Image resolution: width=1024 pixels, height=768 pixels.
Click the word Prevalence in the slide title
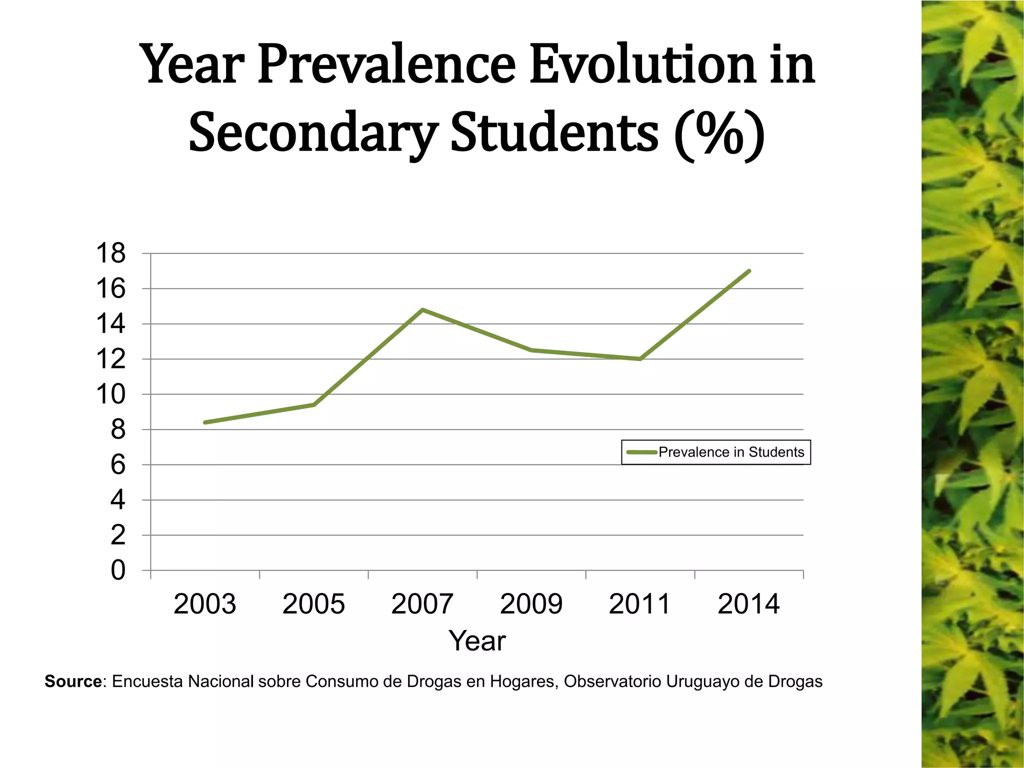click(386, 65)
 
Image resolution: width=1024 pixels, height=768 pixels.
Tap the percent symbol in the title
click(718, 133)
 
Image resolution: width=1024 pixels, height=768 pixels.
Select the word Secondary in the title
click(313, 133)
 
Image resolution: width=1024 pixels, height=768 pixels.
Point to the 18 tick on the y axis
click(110, 253)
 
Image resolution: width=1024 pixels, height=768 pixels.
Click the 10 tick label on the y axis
click(110, 394)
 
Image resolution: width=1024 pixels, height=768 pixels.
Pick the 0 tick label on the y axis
click(117, 570)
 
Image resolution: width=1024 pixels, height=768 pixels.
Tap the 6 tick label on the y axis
click(117, 465)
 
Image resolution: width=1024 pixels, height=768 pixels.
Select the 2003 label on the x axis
click(204, 604)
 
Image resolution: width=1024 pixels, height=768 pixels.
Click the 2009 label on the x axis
click(531, 604)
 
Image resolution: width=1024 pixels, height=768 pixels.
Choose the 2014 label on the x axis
click(748, 604)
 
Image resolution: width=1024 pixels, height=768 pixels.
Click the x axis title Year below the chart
click(477, 641)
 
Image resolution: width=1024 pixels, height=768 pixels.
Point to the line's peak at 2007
click(423, 309)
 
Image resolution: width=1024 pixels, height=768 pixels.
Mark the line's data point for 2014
click(749, 271)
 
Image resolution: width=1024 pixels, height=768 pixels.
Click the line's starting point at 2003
click(205, 422)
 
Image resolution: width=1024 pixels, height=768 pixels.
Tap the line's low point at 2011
click(640, 359)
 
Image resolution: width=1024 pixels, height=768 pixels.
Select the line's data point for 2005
click(314, 404)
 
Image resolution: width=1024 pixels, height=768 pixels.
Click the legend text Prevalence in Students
click(731, 452)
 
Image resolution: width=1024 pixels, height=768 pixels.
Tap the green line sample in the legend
click(641, 452)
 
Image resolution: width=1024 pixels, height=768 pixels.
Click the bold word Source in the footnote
click(73, 681)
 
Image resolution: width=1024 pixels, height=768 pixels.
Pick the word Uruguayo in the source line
click(702, 681)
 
